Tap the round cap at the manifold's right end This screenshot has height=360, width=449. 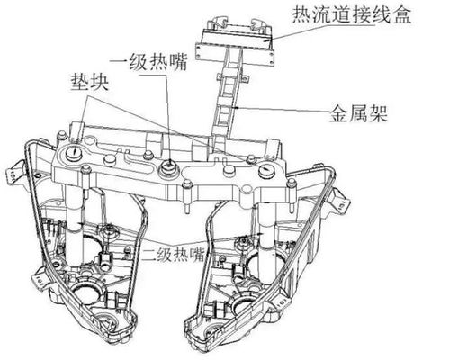point(266,169)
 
